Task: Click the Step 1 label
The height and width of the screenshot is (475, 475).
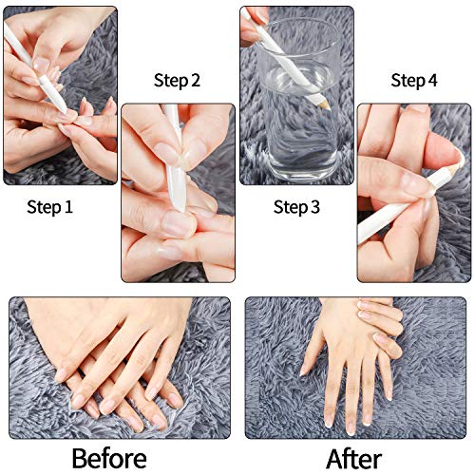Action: coord(49,205)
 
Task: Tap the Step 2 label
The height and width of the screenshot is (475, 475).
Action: coord(177,81)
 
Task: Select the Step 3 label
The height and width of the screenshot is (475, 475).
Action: coord(295,206)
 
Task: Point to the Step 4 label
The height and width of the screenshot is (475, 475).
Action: coord(413,81)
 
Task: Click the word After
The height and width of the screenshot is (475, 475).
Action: coord(361,459)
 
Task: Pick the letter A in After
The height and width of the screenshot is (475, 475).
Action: coord(334,459)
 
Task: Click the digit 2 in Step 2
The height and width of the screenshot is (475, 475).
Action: coord(196,81)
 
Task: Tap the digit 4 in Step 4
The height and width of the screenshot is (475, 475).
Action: coord(433,81)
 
